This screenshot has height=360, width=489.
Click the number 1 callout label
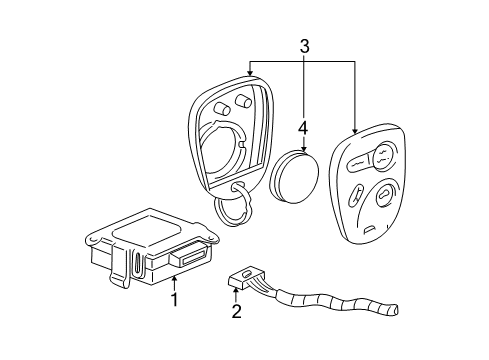(174, 298)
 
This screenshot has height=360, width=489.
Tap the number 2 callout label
(237, 311)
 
